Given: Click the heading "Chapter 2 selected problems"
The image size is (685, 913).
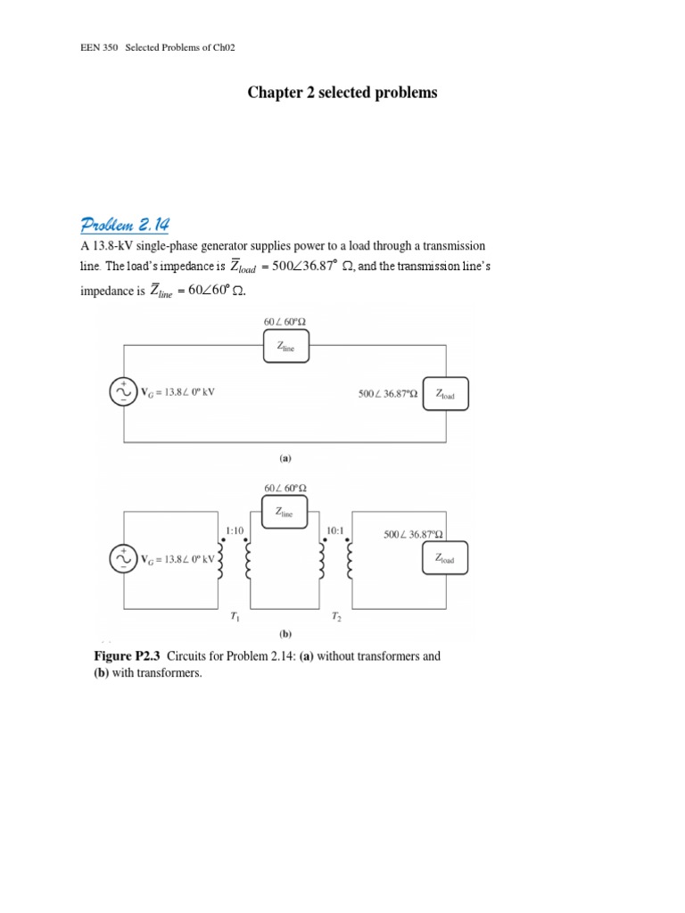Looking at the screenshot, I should [342, 94].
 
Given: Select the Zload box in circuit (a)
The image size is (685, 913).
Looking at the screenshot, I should [446, 392].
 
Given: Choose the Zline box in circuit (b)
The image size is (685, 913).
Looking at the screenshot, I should [285, 512].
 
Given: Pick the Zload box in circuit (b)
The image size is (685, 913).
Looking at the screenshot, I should [446, 559].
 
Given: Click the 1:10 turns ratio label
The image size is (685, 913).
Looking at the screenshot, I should [235, 530].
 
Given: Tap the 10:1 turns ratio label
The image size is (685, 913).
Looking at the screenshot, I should [335, 530].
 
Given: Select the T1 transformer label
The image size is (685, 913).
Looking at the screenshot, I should [235, 617].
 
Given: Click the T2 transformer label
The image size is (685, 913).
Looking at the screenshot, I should [335, 617].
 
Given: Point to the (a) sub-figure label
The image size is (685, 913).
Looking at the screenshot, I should [285, 458].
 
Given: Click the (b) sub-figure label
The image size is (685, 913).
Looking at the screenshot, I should [285, 635].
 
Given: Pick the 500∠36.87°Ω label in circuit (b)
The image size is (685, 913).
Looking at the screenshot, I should [413, 535].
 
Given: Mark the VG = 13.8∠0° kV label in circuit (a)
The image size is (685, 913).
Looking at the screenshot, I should [178, 392].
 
